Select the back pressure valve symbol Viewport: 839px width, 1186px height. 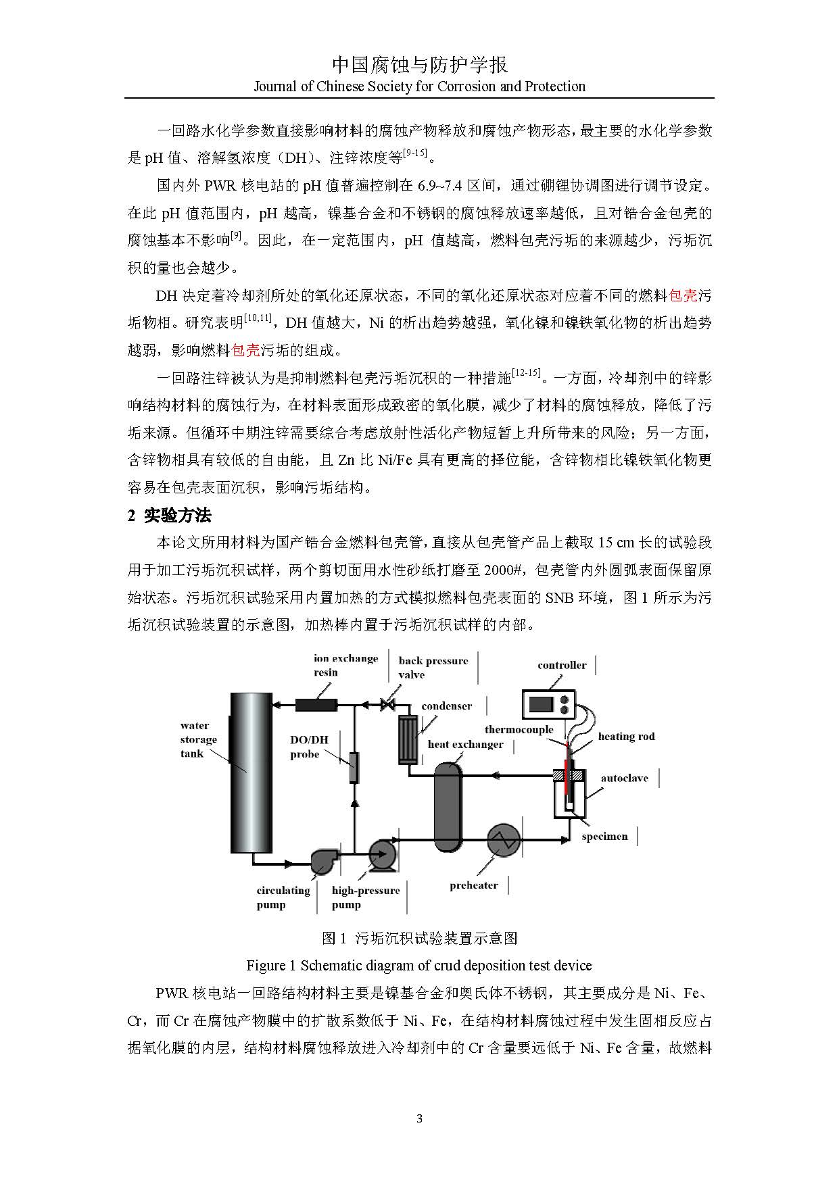[x=387, y=706]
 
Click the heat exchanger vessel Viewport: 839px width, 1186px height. [x=447, y=801]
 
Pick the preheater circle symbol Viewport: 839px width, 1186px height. [x=504, y=840]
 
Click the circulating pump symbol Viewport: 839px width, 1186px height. [x=324, y=860]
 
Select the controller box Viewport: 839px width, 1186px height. [x=548, y=703]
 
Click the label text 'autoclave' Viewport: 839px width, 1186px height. [x=624, y=778]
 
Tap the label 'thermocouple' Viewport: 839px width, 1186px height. [x=519, y=729]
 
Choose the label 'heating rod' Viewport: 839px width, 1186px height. [x=626, y=736]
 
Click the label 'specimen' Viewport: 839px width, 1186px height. [x=604, y=836]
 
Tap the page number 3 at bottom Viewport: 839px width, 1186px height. [x=419, y=1118]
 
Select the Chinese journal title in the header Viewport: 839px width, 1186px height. [x=419, y=65]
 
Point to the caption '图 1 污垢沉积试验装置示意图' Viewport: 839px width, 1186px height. [x=419, y=937]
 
